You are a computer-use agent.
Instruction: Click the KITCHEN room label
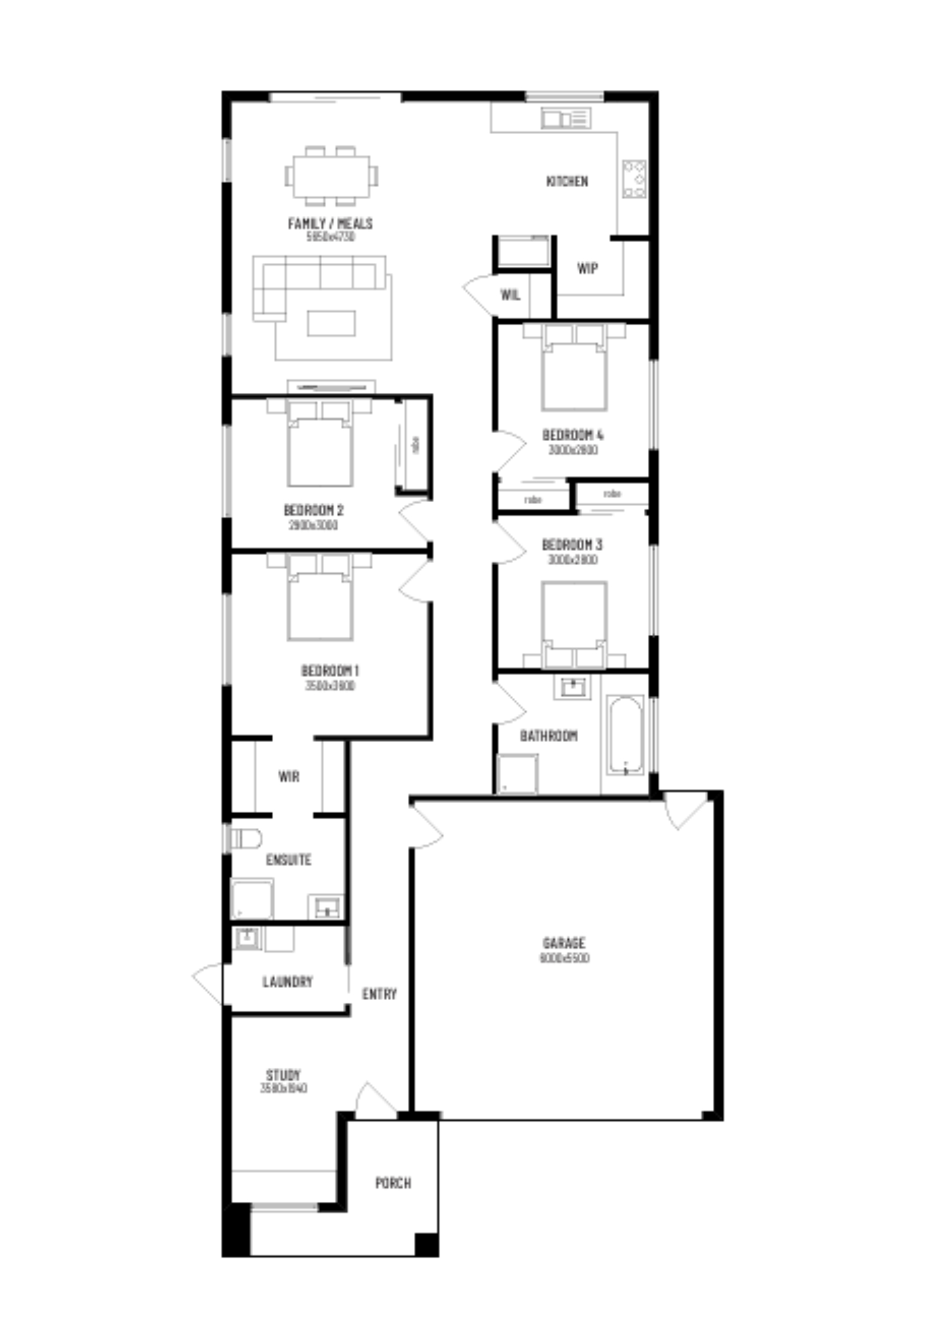(567, 181)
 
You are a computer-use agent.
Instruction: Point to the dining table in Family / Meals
(332, 176)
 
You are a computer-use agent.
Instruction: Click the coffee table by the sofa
(332, 323)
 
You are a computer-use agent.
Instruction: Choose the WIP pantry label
(588, 268)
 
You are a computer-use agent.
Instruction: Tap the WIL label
(510, 294)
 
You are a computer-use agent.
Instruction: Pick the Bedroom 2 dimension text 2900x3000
(313, 526)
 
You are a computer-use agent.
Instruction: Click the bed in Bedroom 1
(320, 604)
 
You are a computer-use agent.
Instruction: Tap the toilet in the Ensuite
(245, 838)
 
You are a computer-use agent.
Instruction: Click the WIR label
(288, 776)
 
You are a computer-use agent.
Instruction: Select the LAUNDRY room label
(287, 982)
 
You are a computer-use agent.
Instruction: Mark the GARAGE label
(564, 943)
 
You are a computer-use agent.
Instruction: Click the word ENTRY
(379, 994)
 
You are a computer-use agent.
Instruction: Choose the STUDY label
(283, 1074)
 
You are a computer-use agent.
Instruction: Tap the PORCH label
(393, 1182)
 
